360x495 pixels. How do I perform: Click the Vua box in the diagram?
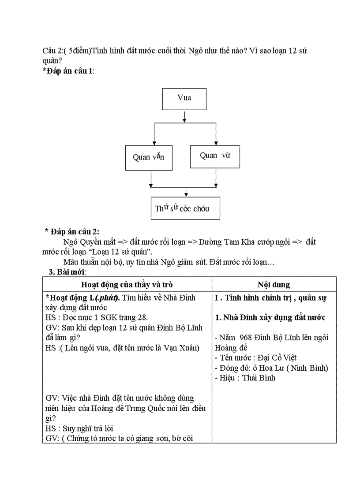pos(184,99)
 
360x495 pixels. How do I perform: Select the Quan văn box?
pos(148,158)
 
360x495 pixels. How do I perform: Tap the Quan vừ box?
pos(215,156)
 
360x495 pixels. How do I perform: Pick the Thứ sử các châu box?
pos(185,208)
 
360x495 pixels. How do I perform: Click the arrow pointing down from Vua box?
pos(184,116)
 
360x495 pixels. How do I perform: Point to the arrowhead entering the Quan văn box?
pos(154,141)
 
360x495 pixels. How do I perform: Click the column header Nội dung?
pos(274,285)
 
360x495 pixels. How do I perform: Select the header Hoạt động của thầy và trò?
pos(127,285)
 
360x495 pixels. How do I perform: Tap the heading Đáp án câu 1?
pos(68,71)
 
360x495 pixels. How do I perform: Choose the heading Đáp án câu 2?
pos(72,232)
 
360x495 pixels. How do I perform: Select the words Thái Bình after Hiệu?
pos(259,378)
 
